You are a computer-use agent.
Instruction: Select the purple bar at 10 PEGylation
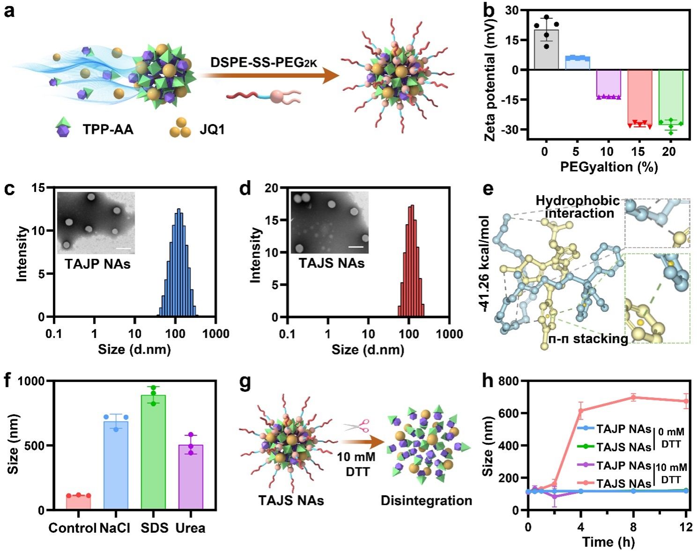pos(608,83)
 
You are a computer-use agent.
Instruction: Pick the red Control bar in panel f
pos(78,502)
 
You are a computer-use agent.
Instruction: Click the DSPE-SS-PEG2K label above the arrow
pos(264,61)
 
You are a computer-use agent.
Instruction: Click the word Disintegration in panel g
pos(426,500)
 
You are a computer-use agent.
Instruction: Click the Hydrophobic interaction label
pos(578,207)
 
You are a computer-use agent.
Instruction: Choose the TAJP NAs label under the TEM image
pos(97,264)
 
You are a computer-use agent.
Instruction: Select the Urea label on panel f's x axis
pos(190,528)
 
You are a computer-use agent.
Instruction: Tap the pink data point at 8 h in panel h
pos(634,397)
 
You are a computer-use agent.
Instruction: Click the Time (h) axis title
pos(608,542)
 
